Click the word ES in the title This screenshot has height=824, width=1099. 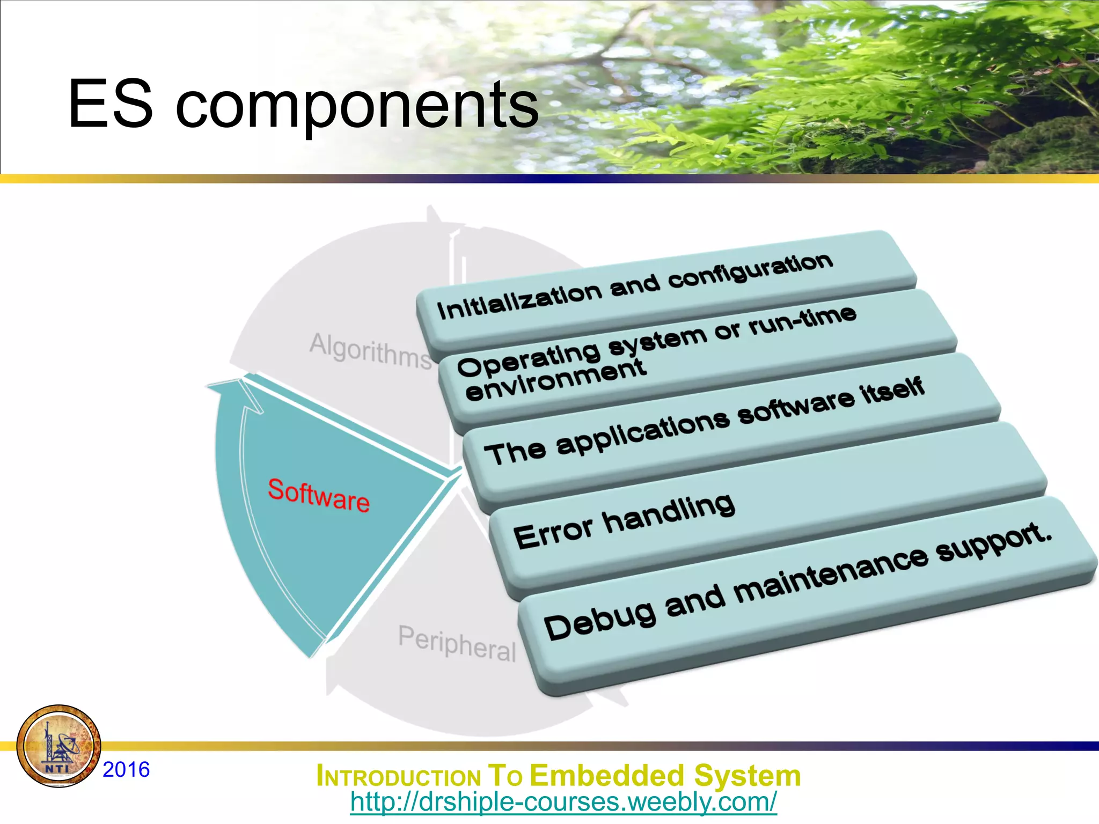[110, 104]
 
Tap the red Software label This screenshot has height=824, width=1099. [319, 495]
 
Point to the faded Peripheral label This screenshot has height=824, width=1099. [457, 643]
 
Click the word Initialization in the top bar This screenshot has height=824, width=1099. [519, 301]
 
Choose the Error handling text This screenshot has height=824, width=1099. [624, 521]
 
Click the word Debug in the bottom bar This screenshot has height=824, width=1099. [599, 620]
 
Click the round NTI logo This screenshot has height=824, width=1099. [58, 746]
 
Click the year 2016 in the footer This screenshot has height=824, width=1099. [126, 770]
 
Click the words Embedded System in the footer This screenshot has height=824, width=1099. [665, 776]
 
